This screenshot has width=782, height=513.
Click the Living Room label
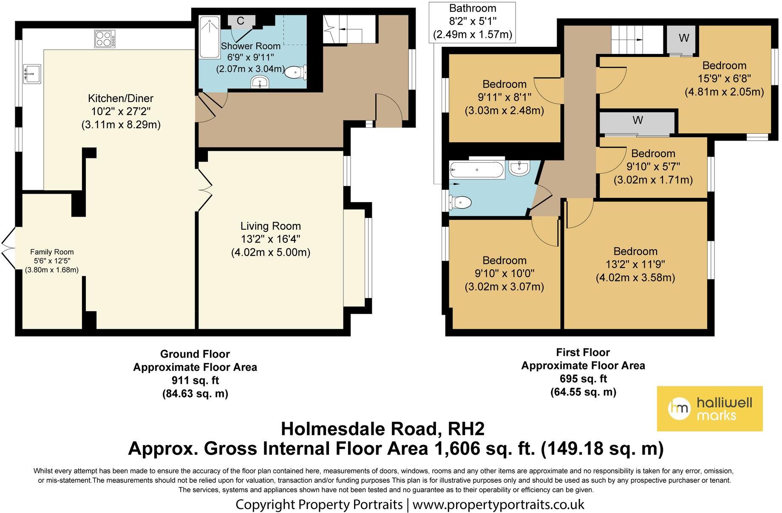[271, 226]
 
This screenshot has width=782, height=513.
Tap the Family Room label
[52, 252]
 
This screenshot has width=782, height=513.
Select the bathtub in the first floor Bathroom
[477, 169]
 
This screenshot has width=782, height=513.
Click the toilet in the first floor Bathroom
[460, 202]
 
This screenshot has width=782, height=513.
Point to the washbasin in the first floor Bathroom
[519, 168]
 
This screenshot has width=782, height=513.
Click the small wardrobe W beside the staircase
[681, 40]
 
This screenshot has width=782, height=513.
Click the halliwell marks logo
[710, 409]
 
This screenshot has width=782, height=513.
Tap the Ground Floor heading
[195, 354]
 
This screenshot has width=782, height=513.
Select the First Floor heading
[583, 352]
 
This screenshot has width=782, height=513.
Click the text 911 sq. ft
[195, 380]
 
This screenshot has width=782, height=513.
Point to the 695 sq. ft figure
[583, 378]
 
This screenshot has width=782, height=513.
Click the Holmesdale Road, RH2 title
[382, 429]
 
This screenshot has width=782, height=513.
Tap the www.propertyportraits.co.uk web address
[498, 505]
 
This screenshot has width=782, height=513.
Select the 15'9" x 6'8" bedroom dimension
[724, 79]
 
